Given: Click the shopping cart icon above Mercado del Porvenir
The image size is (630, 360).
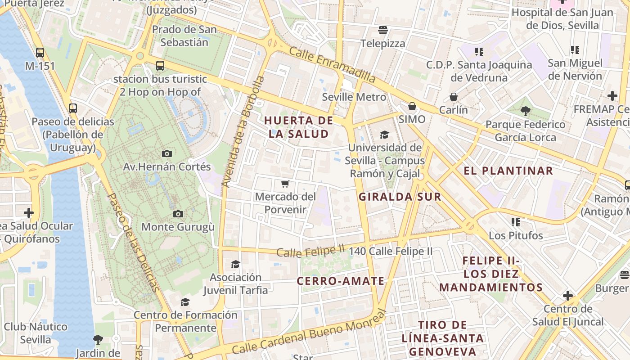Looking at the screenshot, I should click(x=284, y=184).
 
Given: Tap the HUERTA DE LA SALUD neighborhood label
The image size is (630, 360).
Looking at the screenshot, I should click(x=299, y=127).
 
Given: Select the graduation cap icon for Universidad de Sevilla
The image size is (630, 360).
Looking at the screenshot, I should click(x=384, y=135).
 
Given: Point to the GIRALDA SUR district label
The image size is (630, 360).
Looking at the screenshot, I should click(x=400, y=197).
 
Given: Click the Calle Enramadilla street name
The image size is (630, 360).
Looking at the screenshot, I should click(x=332, y=64).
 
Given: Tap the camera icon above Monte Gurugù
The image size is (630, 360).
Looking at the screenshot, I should click(x=178, y=214).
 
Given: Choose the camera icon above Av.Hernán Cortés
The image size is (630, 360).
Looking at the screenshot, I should click(x=167, y=153).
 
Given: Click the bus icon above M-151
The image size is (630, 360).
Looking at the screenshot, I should click(x=40, y=53).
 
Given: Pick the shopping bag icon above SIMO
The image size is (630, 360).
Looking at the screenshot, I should click(x=412, y=107).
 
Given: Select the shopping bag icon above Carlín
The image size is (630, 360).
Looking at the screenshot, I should click(x=454, y=97).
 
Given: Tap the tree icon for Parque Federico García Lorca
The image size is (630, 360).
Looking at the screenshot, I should click(x=525, y=111).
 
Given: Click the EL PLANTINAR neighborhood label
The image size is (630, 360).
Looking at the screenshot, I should click(x=508, y=171).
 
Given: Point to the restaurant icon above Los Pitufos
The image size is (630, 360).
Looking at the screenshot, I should click(x=516, y=222).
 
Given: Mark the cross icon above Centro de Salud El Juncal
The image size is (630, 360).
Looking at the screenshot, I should click(x=568, y=296).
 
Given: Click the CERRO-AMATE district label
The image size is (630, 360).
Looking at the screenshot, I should click(x=341, y=281).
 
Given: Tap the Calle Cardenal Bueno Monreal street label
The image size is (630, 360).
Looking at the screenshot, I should click(x=310, y=334).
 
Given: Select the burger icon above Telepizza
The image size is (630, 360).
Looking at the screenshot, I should click(x=383, y=30).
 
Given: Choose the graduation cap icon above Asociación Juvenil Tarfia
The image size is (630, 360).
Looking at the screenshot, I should click(x=235, y=264).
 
